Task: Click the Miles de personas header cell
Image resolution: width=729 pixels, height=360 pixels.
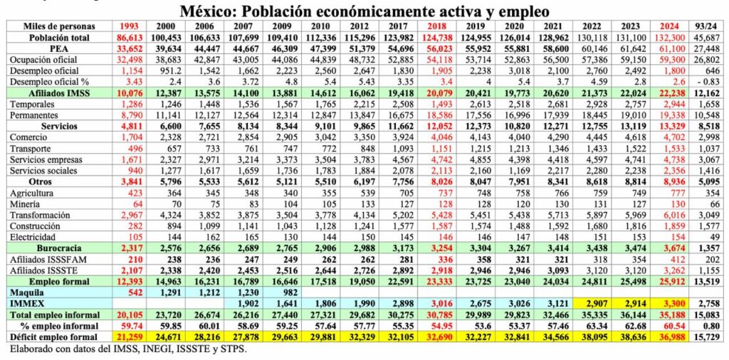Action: (55, 26)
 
